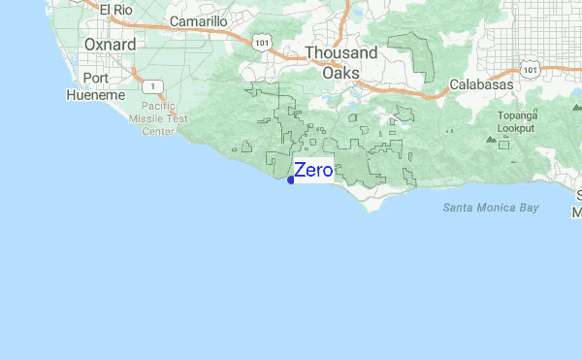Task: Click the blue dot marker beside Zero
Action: point(291,180)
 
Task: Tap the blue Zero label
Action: point(313,170)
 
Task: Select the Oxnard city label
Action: point(110,45)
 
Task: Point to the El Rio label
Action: point(115,10)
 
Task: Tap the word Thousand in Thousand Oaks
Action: point(342,53)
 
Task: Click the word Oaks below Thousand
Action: point(341,73)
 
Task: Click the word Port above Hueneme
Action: point(96,78)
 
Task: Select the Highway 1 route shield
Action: point(153,84)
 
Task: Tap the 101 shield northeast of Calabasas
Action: point(528,70)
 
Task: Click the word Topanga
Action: point(517,115)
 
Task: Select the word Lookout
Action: point(517,127)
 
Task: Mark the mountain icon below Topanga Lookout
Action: point(492,141)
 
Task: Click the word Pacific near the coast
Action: point(158,107)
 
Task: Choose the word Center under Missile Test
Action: point(159,130)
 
